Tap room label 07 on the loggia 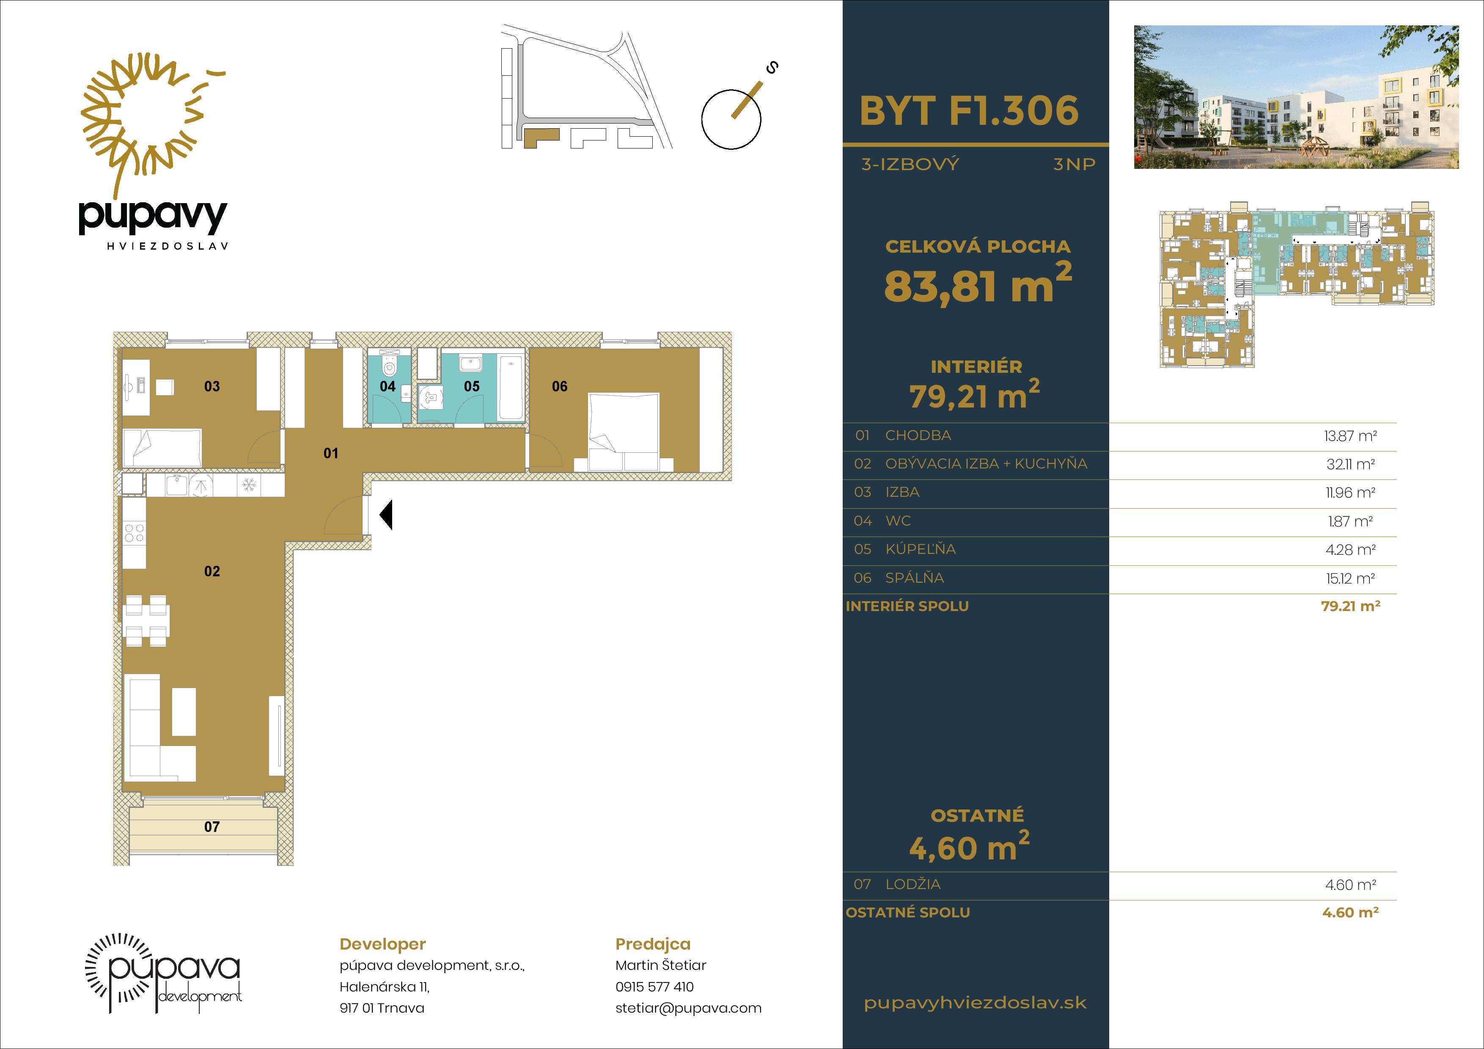tap(212, 827)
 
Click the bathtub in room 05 tap(511, 388)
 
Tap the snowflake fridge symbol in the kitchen tap(248, 485)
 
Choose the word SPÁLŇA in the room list tap(915, 578)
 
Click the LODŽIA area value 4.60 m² tap(1350, 885)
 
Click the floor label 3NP tap(1074, 164)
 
